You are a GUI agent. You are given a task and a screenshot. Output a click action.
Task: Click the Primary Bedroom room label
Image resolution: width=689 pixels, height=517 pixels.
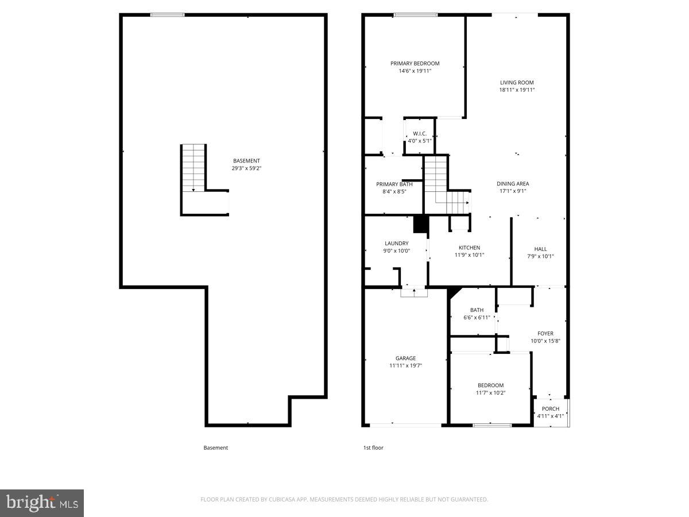(x=415, y=64)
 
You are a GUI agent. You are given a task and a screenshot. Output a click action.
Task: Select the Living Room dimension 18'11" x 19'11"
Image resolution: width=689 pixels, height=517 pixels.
(x=517, y=90)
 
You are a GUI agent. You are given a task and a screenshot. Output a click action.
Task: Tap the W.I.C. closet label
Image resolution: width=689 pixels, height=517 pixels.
(x=419, y=133)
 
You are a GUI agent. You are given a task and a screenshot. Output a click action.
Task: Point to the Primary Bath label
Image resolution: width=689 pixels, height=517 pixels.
(x=394, y=184)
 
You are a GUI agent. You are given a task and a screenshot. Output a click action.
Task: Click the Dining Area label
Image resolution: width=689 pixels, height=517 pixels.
(x=513, y=184)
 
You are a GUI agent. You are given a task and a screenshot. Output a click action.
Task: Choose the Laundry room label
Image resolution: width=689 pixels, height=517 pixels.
(x=396, y=244)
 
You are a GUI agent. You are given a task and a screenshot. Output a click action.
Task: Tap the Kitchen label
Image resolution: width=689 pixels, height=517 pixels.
(x=469, y=248)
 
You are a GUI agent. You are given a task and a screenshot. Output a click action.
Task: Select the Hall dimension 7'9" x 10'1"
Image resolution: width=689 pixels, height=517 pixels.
(x=540, y=257)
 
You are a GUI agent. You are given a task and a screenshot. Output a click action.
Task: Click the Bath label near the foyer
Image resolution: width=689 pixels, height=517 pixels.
(x=477, y=310)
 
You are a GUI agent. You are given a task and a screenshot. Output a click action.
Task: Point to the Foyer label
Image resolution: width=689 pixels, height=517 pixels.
(x=545, y=333)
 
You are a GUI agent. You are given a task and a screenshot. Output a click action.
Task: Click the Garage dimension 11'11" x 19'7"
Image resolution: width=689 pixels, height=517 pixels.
(x=405, y=365)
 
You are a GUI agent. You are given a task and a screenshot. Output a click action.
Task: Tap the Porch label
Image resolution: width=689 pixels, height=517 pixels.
(x=551, y=409)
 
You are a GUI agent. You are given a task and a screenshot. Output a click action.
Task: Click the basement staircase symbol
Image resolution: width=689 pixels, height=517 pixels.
(x=194, y=168)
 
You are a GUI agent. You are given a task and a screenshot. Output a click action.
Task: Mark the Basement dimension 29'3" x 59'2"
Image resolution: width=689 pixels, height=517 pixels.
(x=246, y=168)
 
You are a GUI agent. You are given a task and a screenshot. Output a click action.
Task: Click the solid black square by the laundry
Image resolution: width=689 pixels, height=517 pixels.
(x=421, y=224)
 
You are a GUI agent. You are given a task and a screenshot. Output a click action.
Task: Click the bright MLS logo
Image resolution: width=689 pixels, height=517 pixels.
(x=42, y=503)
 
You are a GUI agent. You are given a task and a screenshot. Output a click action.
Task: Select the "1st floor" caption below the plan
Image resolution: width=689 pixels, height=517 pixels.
(x=373, y=447)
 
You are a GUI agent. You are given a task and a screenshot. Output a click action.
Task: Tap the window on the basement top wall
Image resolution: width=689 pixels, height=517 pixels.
(x=167, y=14)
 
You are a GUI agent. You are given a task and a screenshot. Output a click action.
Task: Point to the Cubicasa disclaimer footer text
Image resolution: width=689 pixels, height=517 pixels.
(x=344, y=499)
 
